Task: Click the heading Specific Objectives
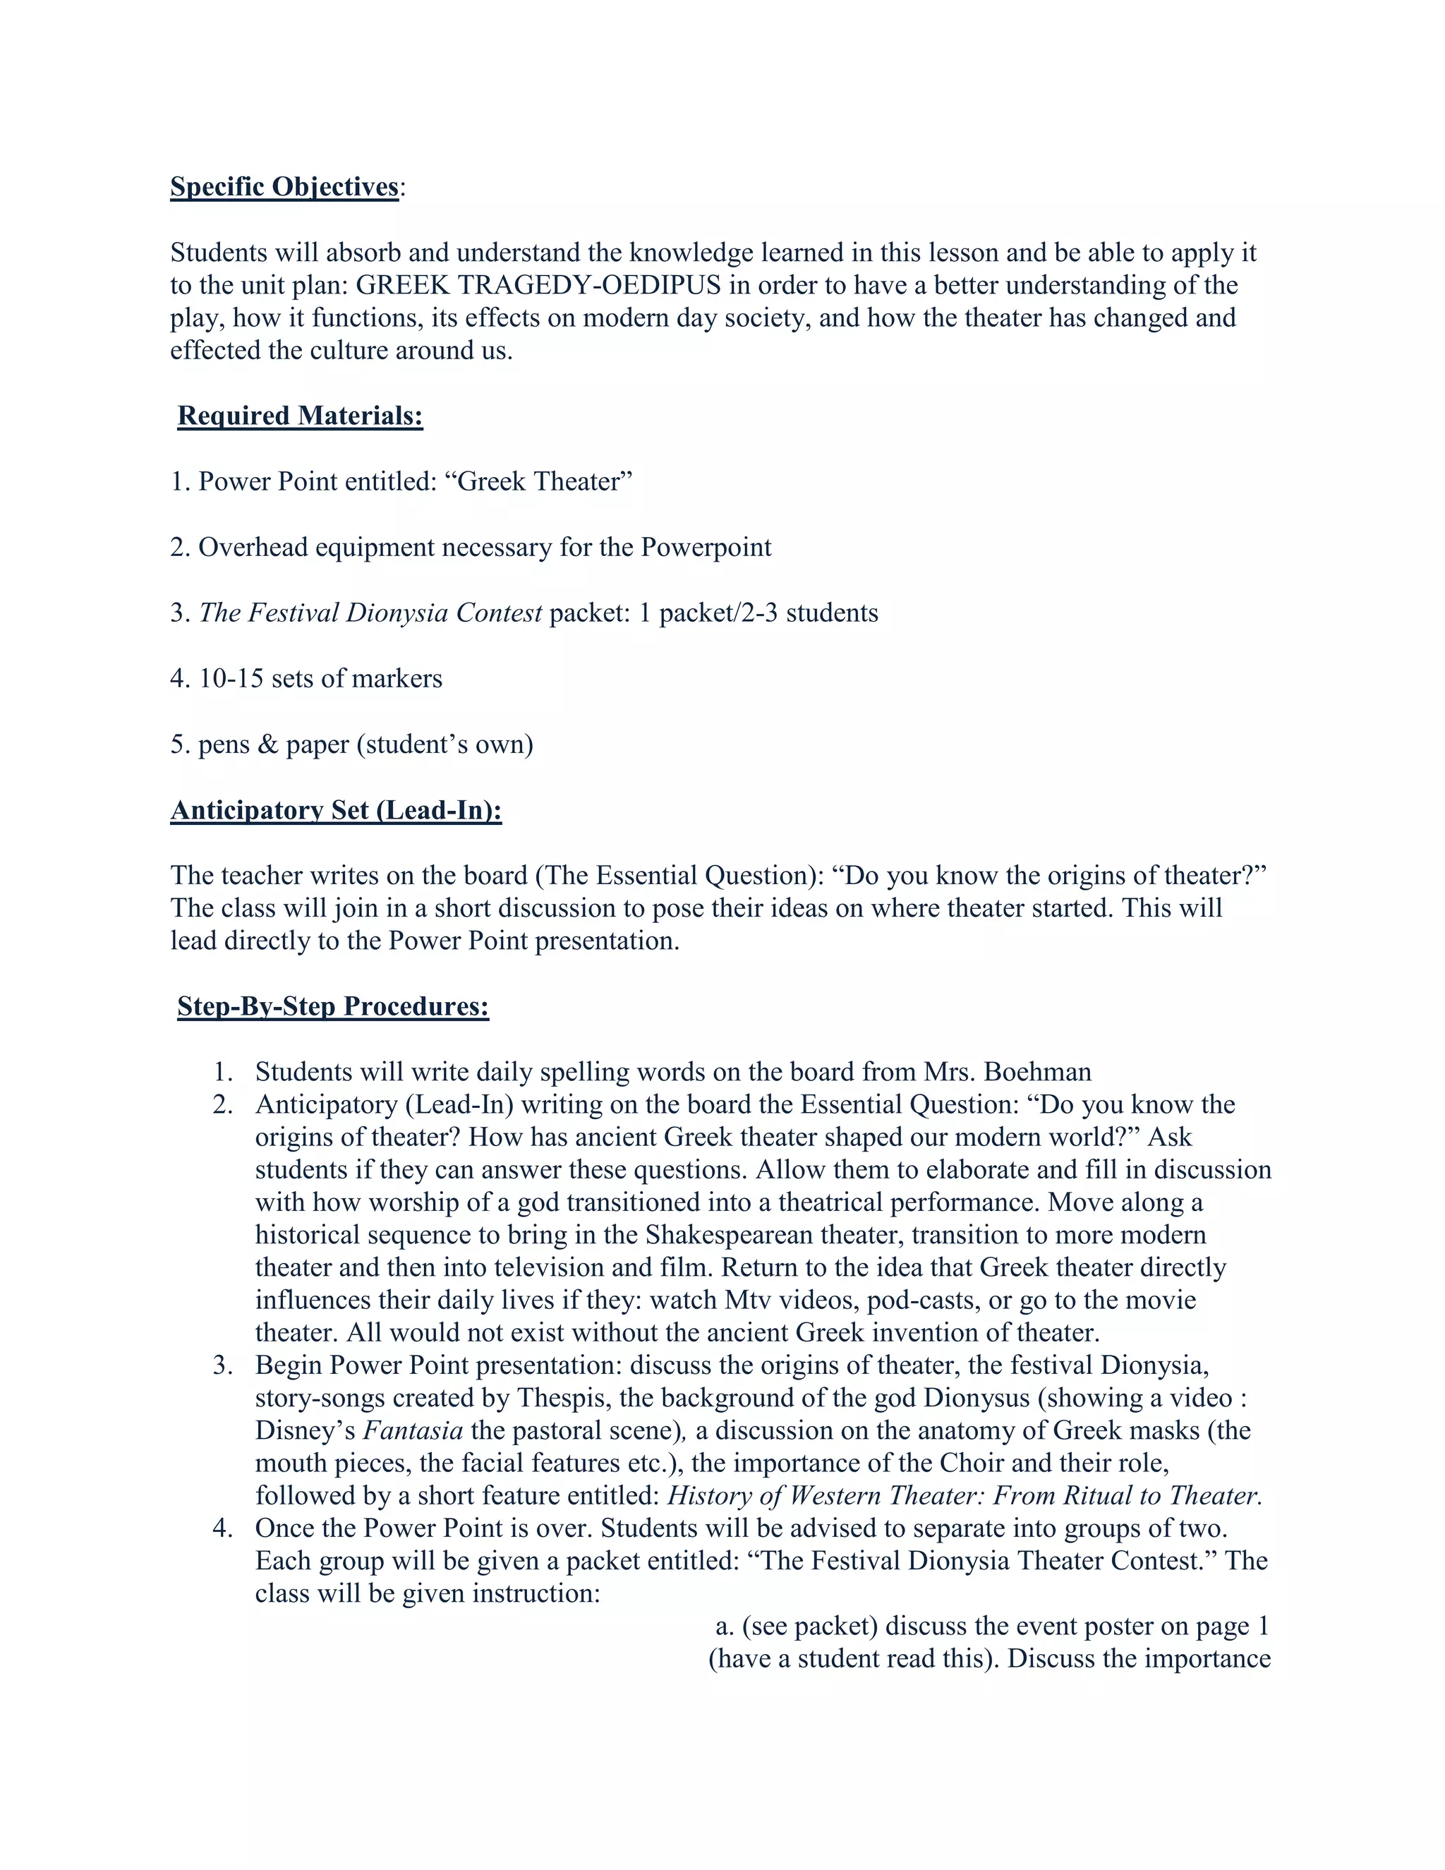[284, 187]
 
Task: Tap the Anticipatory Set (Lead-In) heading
[336, 810]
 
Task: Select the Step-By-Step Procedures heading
[333, 1006]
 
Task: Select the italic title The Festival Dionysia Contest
[370, 613]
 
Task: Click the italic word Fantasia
[413, 1431]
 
